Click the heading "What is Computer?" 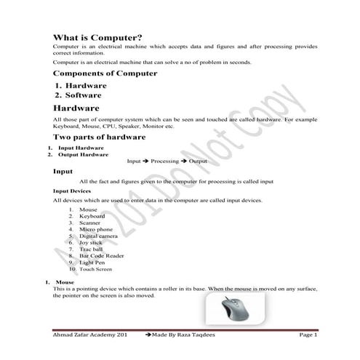click(97, 37)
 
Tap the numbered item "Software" click(83, 95)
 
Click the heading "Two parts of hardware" click(99, 137)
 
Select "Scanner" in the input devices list click(91, 223)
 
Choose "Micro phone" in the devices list click(96, 229)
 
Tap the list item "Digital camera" click(99, 236)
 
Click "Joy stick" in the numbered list click(92, 243)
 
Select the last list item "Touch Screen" click(96, 269)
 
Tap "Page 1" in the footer click(308, 335)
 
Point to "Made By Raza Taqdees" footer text click(191, 335)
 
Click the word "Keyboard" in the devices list click(92, 216)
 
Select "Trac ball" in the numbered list click(92, 249)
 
